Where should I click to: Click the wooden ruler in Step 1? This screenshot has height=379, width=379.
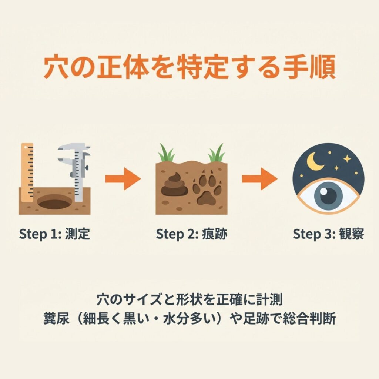[x=27, y=172]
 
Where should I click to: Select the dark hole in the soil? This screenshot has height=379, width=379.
[x=55, y=202]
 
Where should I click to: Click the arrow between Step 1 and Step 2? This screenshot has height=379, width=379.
[x=123, y=179]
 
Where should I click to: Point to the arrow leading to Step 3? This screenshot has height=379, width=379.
[x=259, y=179]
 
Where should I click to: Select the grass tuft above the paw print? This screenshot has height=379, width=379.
[x=217, y=153]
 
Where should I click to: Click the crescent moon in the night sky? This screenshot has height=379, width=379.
[x=314, y=161]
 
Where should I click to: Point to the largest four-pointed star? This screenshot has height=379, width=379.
[x=347, y=159]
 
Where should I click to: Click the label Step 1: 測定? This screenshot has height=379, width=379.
[x=54, y=234]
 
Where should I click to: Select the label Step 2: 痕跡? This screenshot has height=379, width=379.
[x=191, y=234]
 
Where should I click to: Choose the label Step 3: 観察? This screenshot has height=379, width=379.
[x=328, y=234]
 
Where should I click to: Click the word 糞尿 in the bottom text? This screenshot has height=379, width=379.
[x=56, y=319]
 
